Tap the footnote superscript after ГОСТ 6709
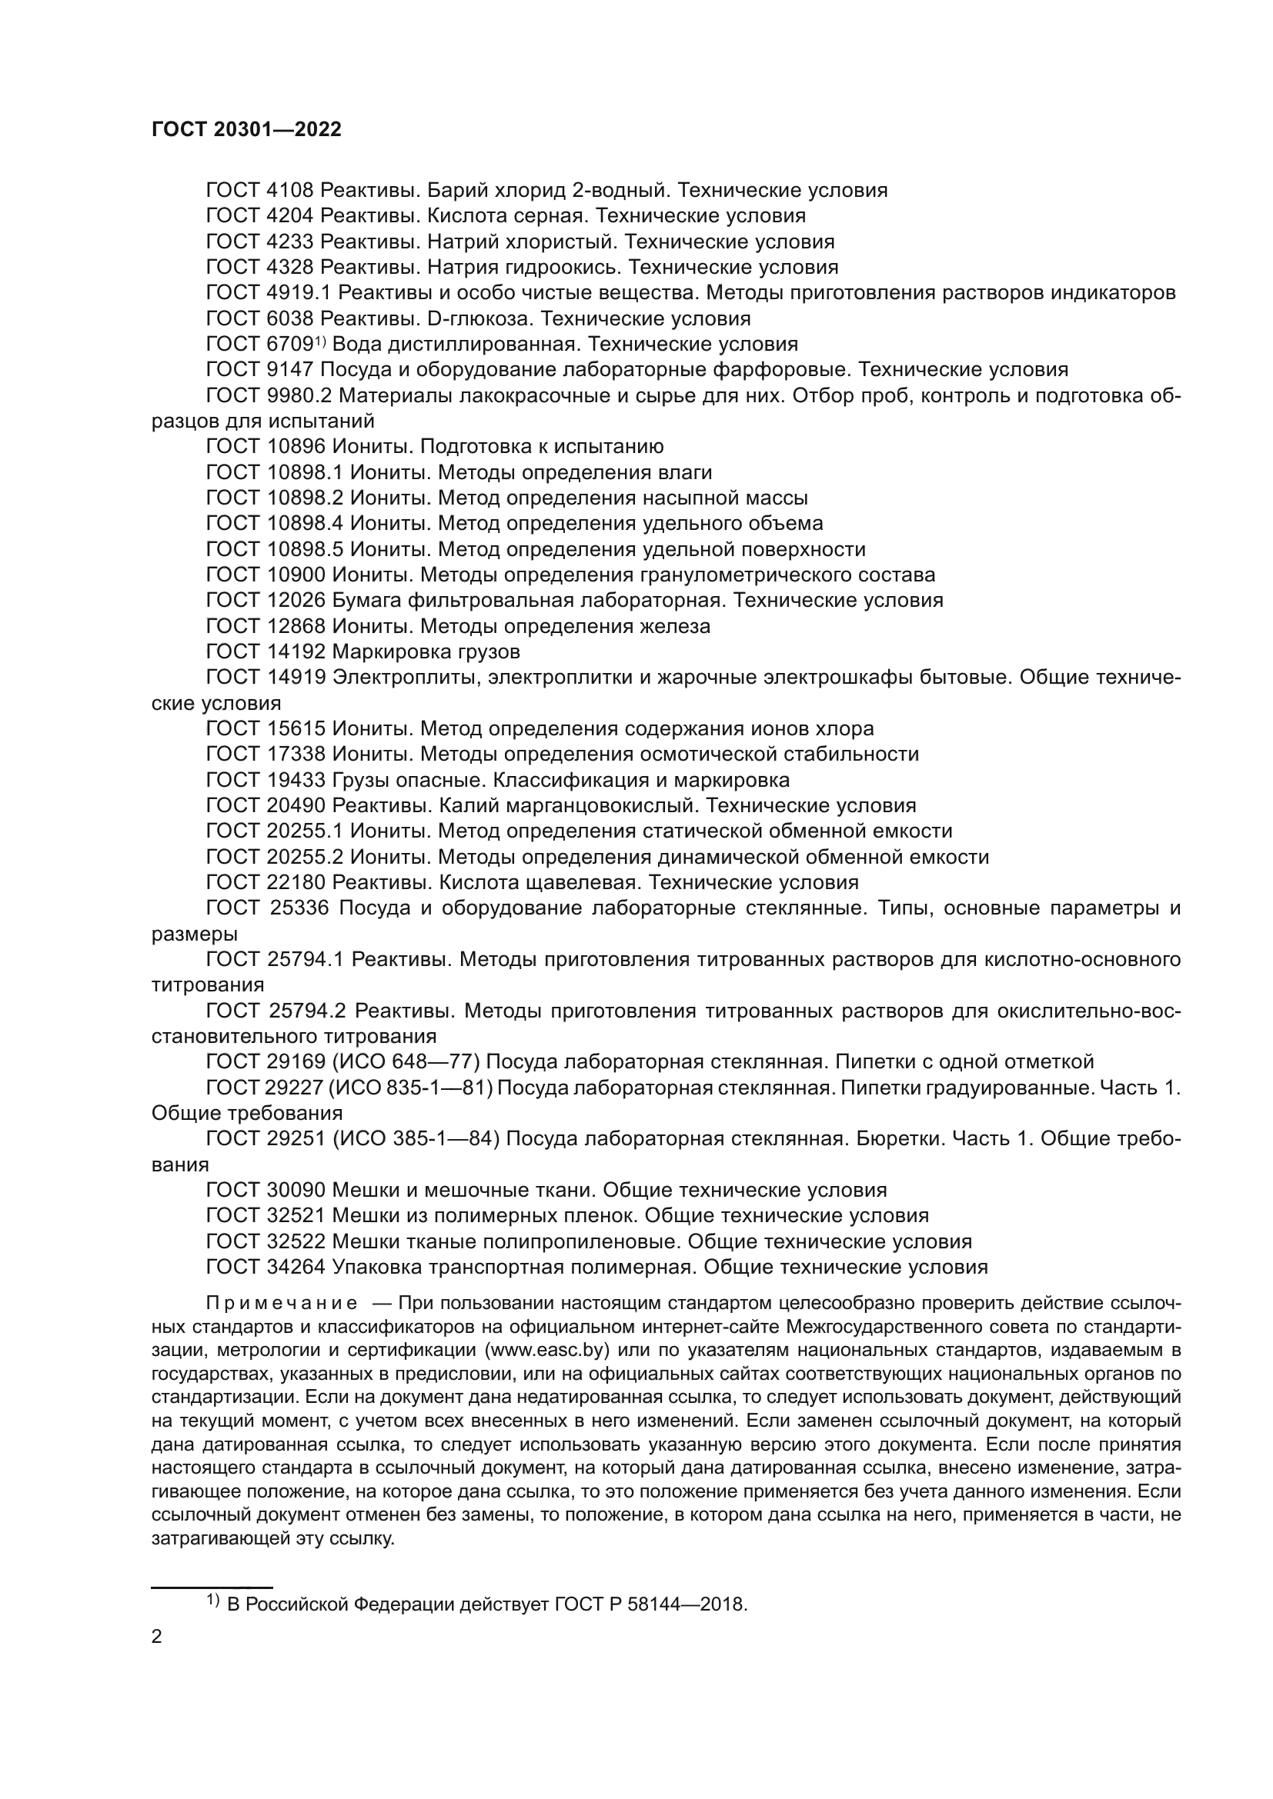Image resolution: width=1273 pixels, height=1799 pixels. [320, 340]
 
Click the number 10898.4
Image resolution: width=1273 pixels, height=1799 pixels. [301, 524]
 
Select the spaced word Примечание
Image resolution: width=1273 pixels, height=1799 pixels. [282, 1304]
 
